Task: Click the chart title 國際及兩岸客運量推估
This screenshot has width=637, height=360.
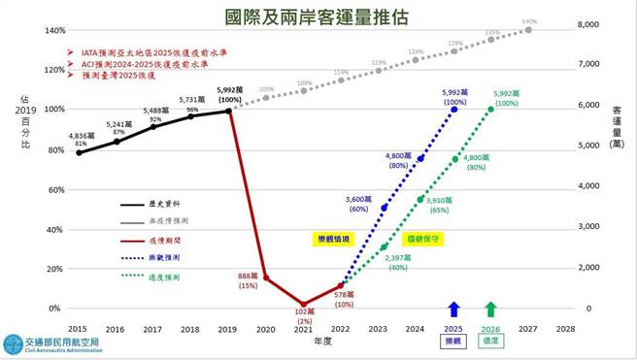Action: (x=319, y=16)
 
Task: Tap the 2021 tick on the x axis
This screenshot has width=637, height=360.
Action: (x=303, y=328)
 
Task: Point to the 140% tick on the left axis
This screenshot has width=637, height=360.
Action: (x=52, y=30)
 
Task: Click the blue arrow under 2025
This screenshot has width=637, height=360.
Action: (x=453, y=310)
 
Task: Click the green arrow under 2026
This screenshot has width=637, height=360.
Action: (x=491, y=310)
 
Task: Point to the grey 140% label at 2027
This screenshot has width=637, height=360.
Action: (x=529, y=20)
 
